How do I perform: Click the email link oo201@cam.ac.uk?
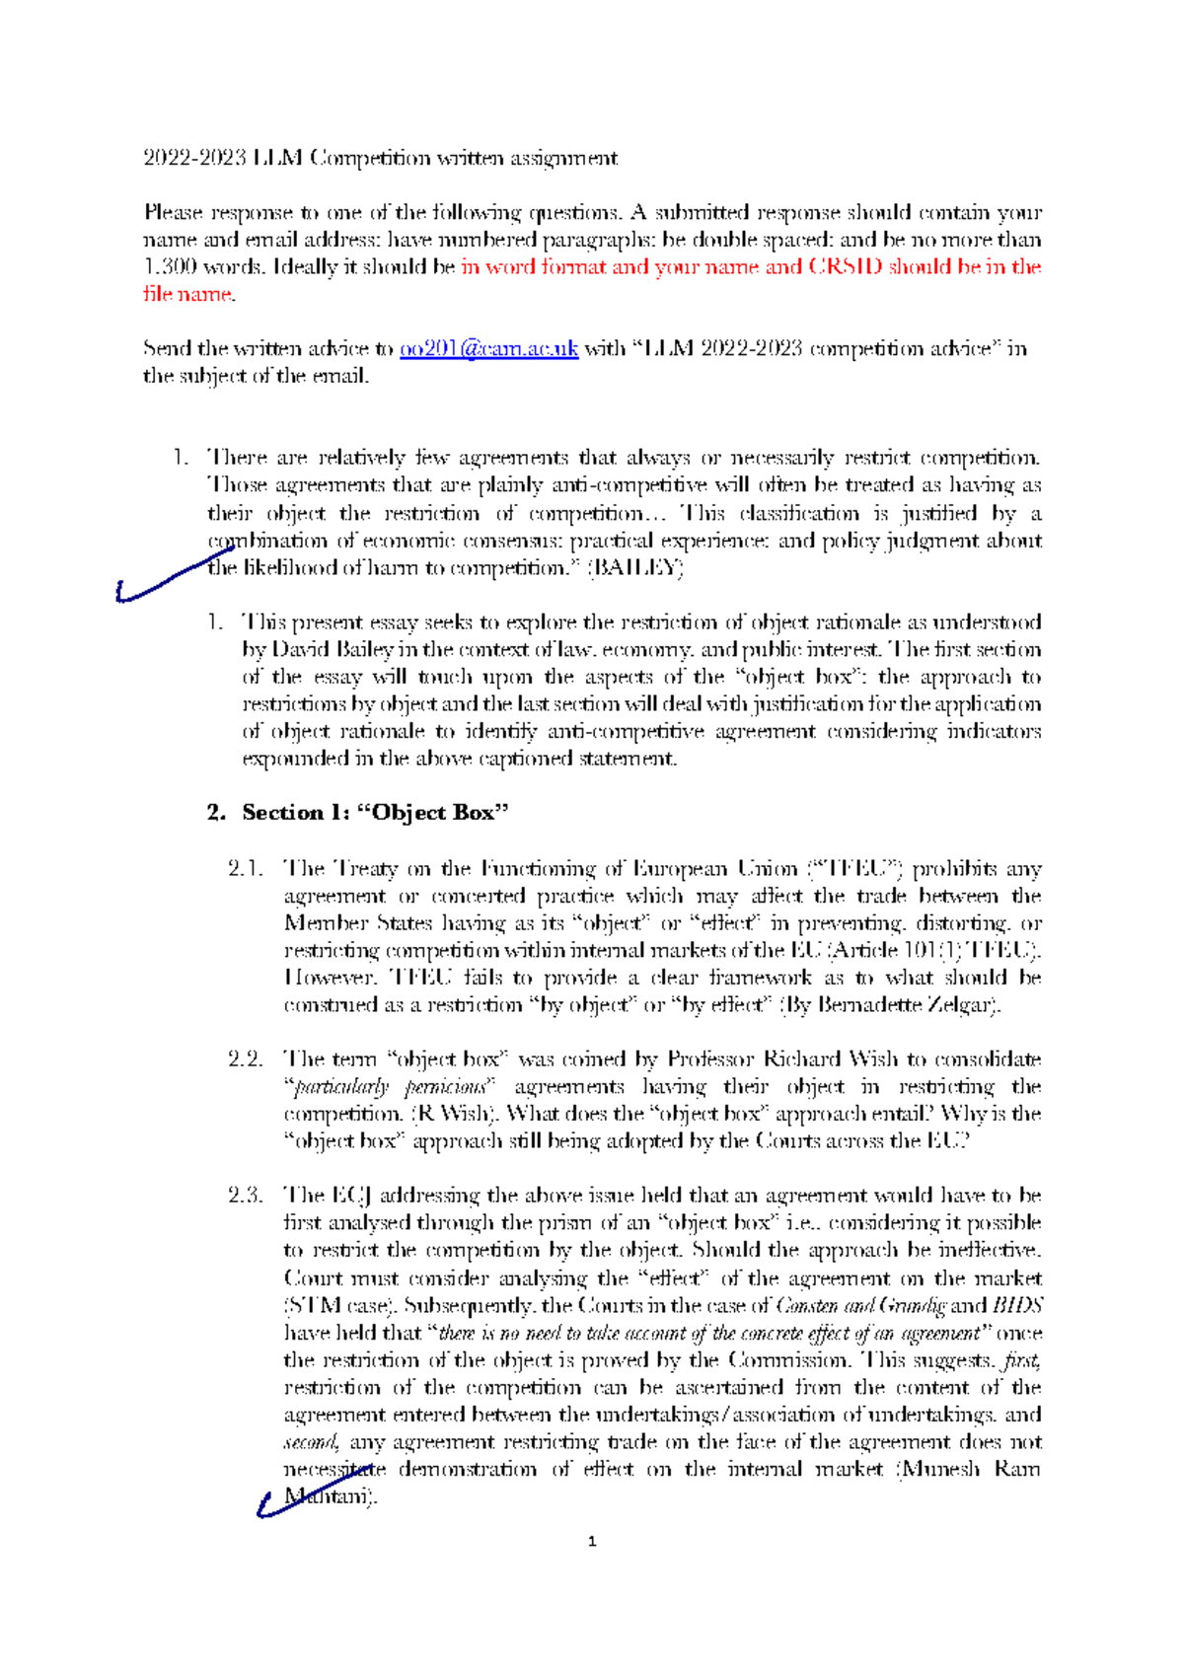tap(488, 348)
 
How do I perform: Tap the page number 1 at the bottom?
tap(591, 1542)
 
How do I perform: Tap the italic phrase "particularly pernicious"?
tap(390, 1087)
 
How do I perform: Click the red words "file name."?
tap(188, 294)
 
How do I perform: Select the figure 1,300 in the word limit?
tap(170, 267)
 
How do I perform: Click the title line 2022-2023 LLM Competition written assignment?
tap(380, 158)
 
